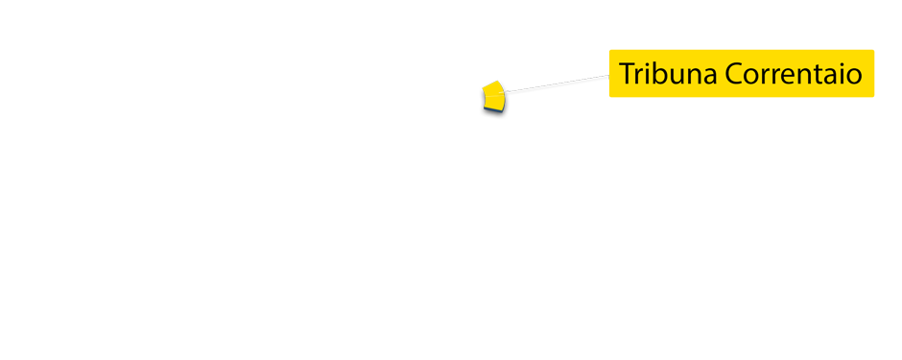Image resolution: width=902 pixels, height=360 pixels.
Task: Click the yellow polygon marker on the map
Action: coord(492,99)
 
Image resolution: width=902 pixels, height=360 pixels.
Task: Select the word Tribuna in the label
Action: coord(666,74)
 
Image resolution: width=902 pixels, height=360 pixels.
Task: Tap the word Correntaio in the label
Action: coord(792,74)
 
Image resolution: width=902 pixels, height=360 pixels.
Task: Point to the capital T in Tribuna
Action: coord(627,74)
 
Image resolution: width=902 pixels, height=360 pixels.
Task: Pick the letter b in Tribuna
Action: coord(659,74)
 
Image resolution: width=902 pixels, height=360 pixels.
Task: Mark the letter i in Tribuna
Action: coord(648,74)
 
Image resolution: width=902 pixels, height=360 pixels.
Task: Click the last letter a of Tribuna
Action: coord(708,76)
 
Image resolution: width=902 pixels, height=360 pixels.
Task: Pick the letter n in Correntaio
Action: coord(799,76)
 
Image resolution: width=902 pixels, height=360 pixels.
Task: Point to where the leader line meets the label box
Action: coord(609,76)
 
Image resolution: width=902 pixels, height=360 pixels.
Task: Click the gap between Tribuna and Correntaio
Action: coord(719,74)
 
